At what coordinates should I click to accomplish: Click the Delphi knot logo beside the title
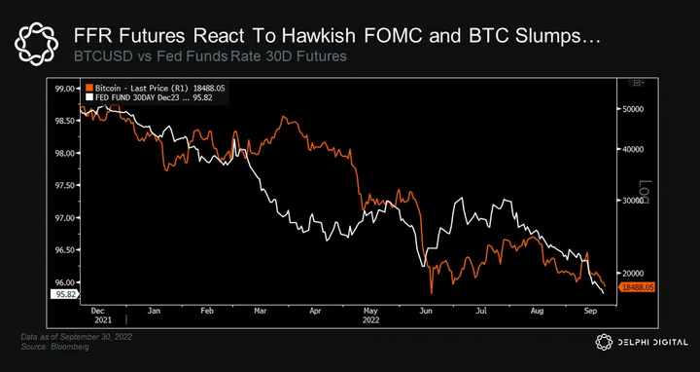click(36, 44)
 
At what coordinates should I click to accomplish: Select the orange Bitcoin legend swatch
click(88, 88)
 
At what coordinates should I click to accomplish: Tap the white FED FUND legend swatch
click(88, 97)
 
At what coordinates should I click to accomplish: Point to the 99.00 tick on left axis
click(65, 88)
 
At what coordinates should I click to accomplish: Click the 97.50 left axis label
click(65, 185)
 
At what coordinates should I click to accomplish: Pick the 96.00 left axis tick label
click(65, 282)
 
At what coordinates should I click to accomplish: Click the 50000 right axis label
click(634, 109)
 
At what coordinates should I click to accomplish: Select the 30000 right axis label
click(634, 201)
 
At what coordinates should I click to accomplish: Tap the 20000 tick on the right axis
click(634, 274)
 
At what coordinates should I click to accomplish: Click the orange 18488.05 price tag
click(637, 287)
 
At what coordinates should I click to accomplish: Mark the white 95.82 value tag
click(64, 294)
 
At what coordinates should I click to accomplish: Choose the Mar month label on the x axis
click(261, 311)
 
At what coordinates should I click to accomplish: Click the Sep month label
click(592, 311)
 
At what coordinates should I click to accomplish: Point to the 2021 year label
click(103, 320)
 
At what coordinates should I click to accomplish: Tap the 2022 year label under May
click(370, 320)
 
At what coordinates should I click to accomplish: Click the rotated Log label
click(646, 192)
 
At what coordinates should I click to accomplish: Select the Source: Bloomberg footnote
click(54, 347)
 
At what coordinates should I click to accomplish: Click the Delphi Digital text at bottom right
click(652, 343)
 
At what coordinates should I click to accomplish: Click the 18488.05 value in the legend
click(209, 88)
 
